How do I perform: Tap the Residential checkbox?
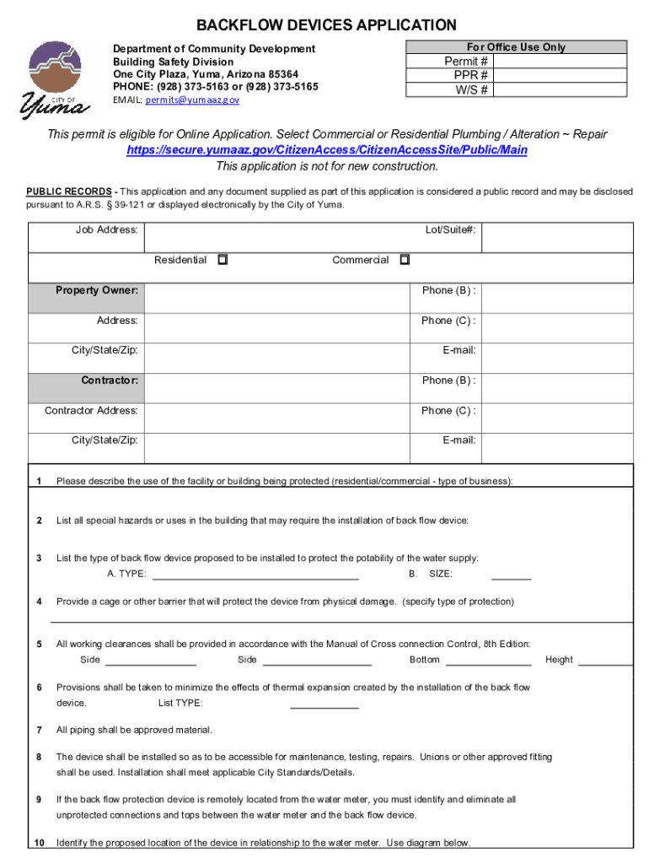(x=223, y=260)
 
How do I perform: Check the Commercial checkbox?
(x=405, y=260)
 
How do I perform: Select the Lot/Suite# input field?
(x=557, y=237)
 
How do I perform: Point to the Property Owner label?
(x=97, y=290)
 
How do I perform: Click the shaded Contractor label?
(x=110, y=381)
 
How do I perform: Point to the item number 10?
(x=40, y=843)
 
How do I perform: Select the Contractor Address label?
(x=91, y=411)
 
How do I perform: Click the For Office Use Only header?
(x=516, y=47)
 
